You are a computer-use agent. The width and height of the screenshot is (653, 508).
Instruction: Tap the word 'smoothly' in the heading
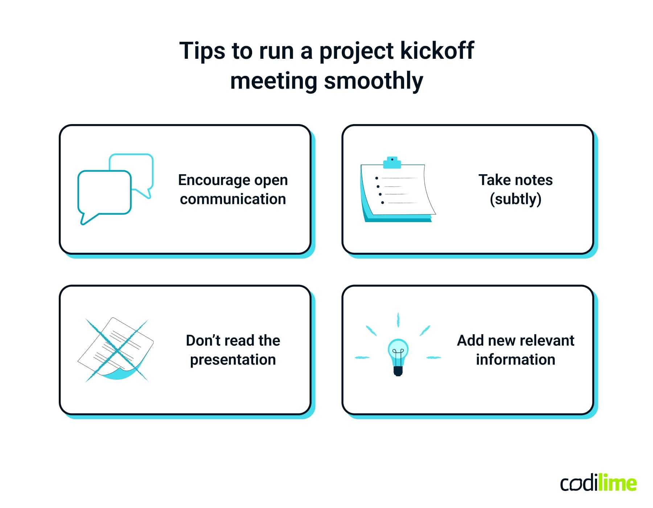(373, 81)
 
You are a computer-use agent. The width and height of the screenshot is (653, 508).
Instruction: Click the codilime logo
(598, 483)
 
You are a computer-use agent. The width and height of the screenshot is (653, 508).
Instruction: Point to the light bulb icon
(398, 356)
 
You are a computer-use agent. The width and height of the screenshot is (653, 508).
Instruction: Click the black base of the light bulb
(398, 371)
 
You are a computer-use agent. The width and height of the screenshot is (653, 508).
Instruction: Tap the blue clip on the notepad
(392, 163)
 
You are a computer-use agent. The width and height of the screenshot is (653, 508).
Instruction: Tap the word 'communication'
(233, 199)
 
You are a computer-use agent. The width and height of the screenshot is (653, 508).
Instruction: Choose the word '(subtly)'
(516, 199)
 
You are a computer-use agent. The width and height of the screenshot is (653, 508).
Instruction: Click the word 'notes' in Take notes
(533, 180)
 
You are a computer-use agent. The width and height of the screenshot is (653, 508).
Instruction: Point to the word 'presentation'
(233, 360)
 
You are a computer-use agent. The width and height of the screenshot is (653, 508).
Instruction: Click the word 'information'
(516, 360)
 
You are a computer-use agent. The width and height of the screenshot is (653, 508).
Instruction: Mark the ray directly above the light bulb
(398, 319)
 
